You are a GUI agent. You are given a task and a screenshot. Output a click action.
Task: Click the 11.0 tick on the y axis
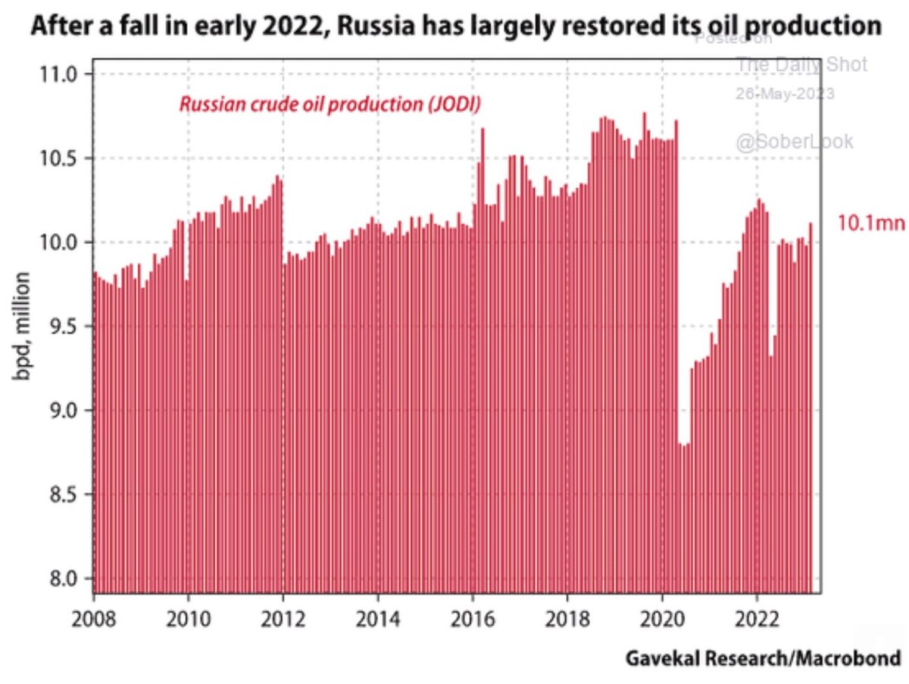pyautogui.click(x=60, y=74)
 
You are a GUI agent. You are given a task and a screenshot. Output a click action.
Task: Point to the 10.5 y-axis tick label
pyautogui.click(x=60, y=158)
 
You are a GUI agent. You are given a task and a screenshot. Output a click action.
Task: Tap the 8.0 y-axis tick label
pyautogui.click(x=64, y=579)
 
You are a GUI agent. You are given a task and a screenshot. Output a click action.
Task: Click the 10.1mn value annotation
pyautogui.click(x=870, y=223)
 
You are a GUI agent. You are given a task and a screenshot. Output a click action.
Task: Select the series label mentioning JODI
pyautogui.click(x=330, y=105)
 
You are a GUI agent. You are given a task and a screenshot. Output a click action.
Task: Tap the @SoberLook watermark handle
pyautogui.click(x=794, y=141)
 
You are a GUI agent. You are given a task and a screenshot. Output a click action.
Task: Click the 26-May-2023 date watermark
pyautogui.click(x=785, y=95)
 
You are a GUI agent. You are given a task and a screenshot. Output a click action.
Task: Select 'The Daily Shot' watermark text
pyautogui.click(x=801, y=65)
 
